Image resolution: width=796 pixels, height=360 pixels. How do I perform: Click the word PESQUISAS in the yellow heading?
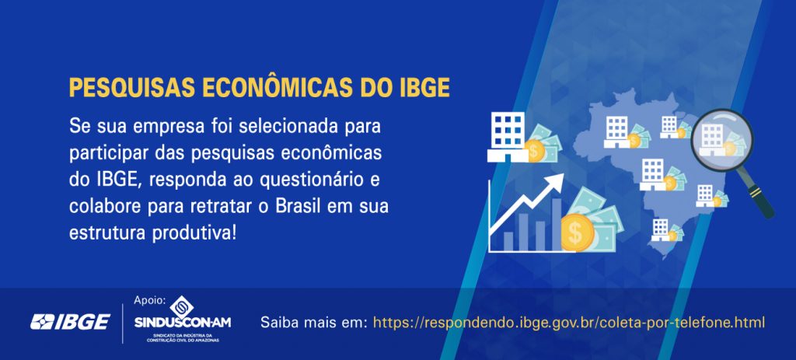click(132, 87)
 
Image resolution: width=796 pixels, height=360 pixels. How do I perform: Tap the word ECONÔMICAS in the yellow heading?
click(278, 87)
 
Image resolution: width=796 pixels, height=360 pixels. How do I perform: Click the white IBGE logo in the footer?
click(70, 321)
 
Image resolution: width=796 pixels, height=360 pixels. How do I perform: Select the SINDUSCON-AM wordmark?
click(183, 323)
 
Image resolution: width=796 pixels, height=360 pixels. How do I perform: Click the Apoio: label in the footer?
click(150, 300)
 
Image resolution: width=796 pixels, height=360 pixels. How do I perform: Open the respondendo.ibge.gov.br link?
click(568, 323)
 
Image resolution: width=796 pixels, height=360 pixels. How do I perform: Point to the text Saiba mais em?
click(314, 323)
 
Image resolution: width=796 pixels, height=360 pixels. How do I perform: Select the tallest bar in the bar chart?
click(557, 224)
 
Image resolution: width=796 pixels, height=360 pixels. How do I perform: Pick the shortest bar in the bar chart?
click(508, 241)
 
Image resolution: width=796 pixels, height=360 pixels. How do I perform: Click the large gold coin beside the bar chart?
click(578, 232)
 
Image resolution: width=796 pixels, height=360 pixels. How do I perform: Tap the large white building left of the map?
click(508, 137)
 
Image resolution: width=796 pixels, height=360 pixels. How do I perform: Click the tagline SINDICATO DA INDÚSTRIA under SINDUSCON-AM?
click(183, 336)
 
